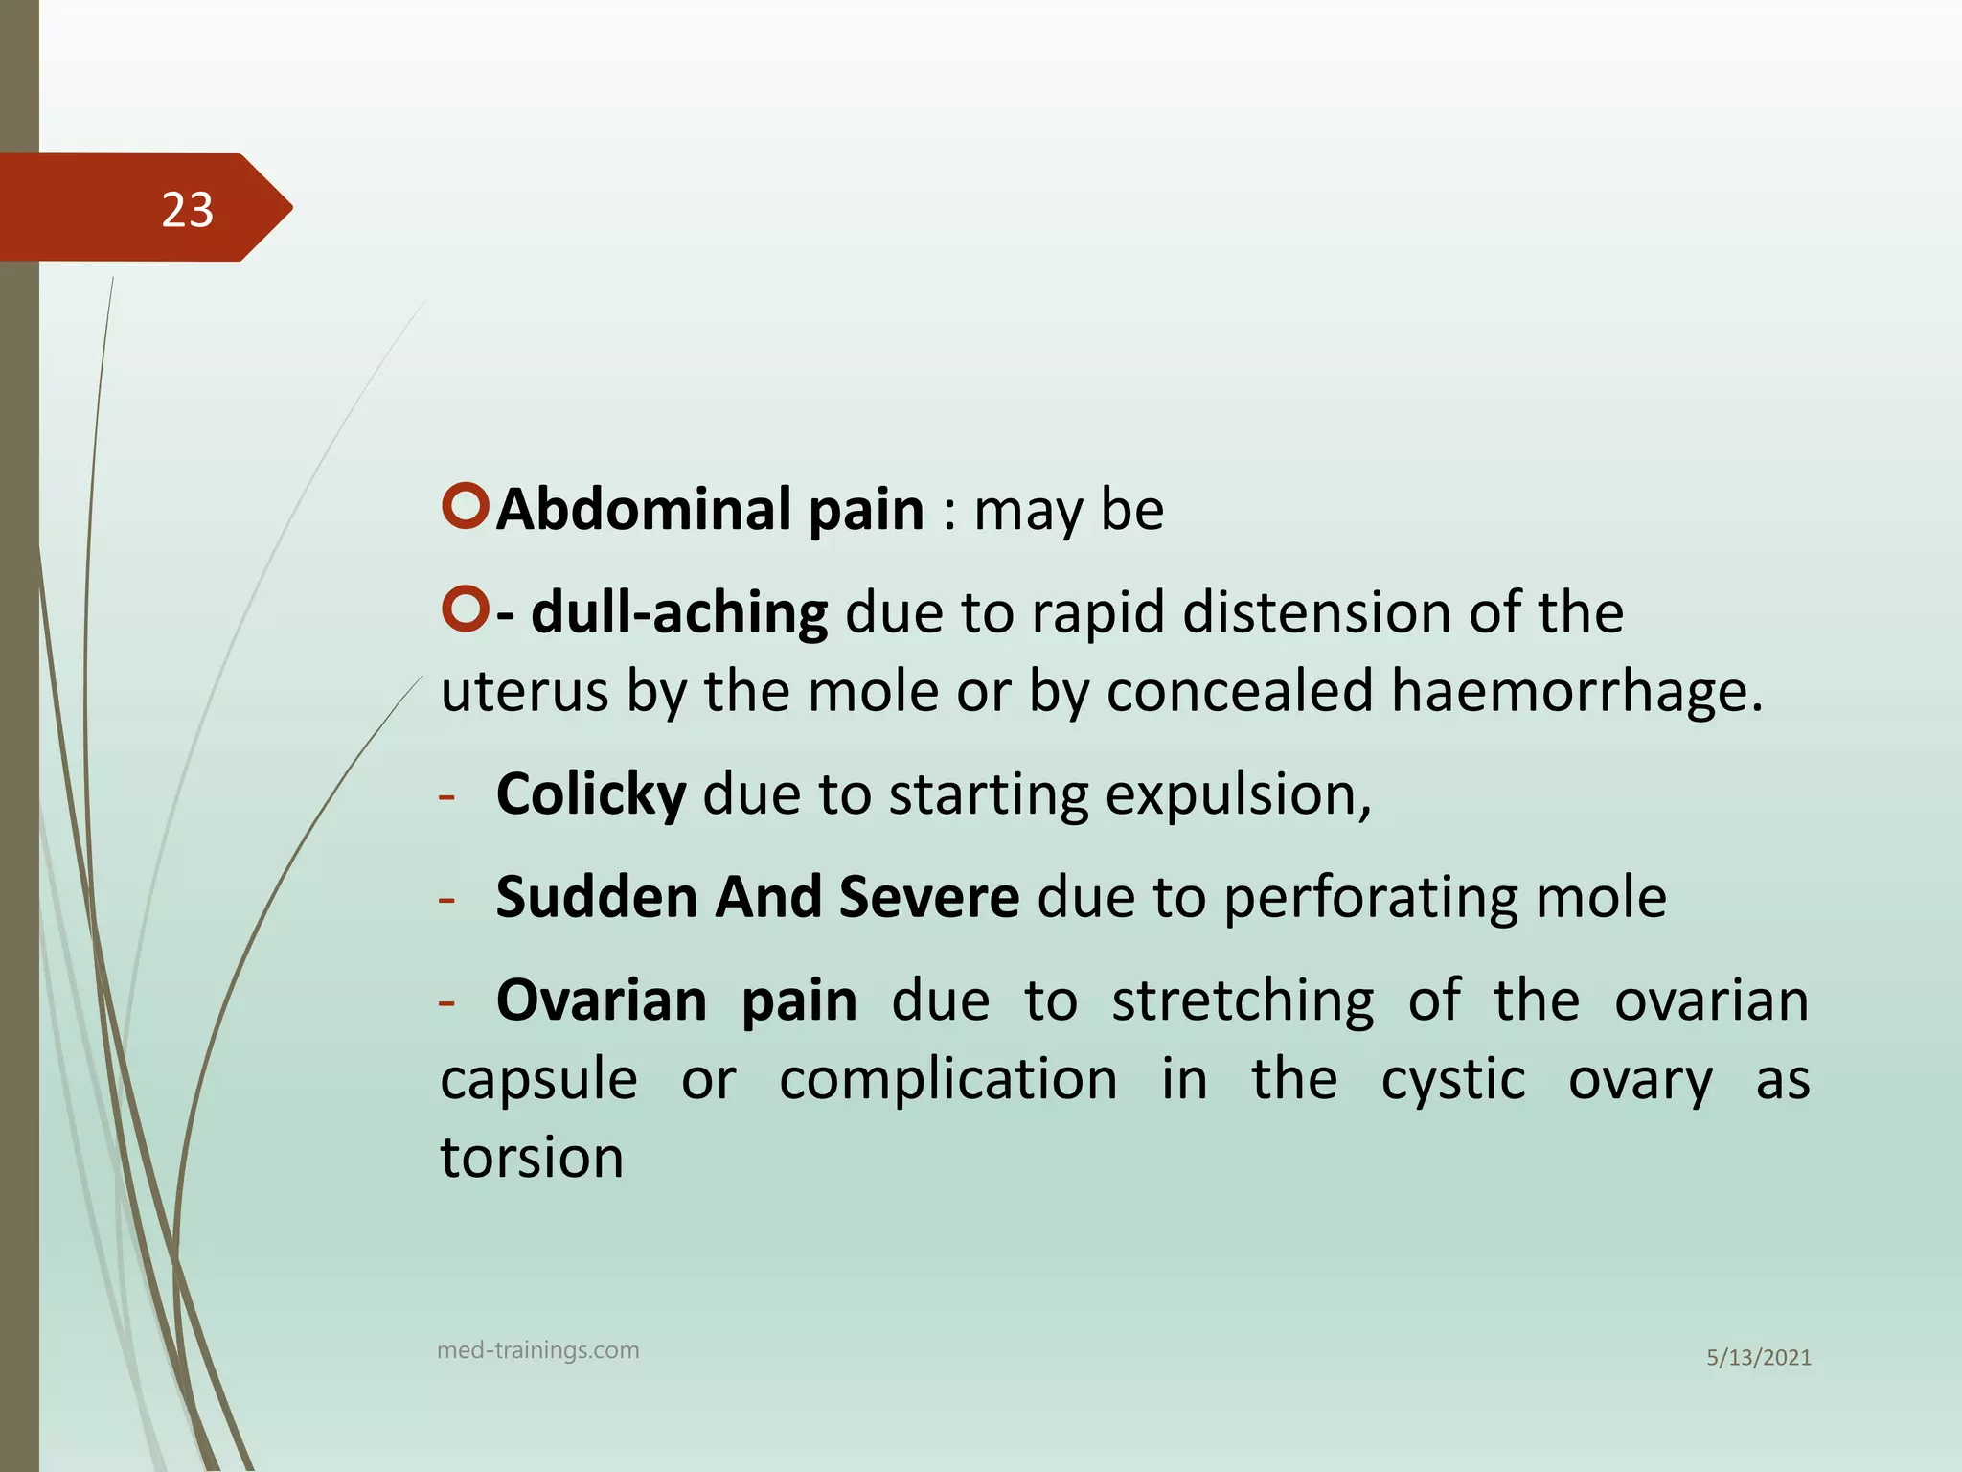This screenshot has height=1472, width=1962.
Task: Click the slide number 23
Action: pos(187,210)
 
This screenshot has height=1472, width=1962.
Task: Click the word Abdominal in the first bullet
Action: pos(643,509)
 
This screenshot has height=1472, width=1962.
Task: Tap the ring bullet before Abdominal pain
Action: pos(467,506)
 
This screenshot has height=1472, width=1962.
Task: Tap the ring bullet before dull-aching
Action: pos(467,609)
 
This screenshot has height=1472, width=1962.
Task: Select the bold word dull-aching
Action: pos(679,612)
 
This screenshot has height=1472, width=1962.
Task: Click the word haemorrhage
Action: pos(1576,692)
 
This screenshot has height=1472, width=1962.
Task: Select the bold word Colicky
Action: pos(591,795)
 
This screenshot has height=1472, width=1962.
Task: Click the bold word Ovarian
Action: pos(602,1001)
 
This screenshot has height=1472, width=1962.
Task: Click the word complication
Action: pos(947,1080)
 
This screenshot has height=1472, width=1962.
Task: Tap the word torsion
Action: pos(532,1158)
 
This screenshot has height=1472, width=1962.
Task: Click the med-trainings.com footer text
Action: pos(537,1350)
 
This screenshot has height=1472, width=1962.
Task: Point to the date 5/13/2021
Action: pos(1758,1358)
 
